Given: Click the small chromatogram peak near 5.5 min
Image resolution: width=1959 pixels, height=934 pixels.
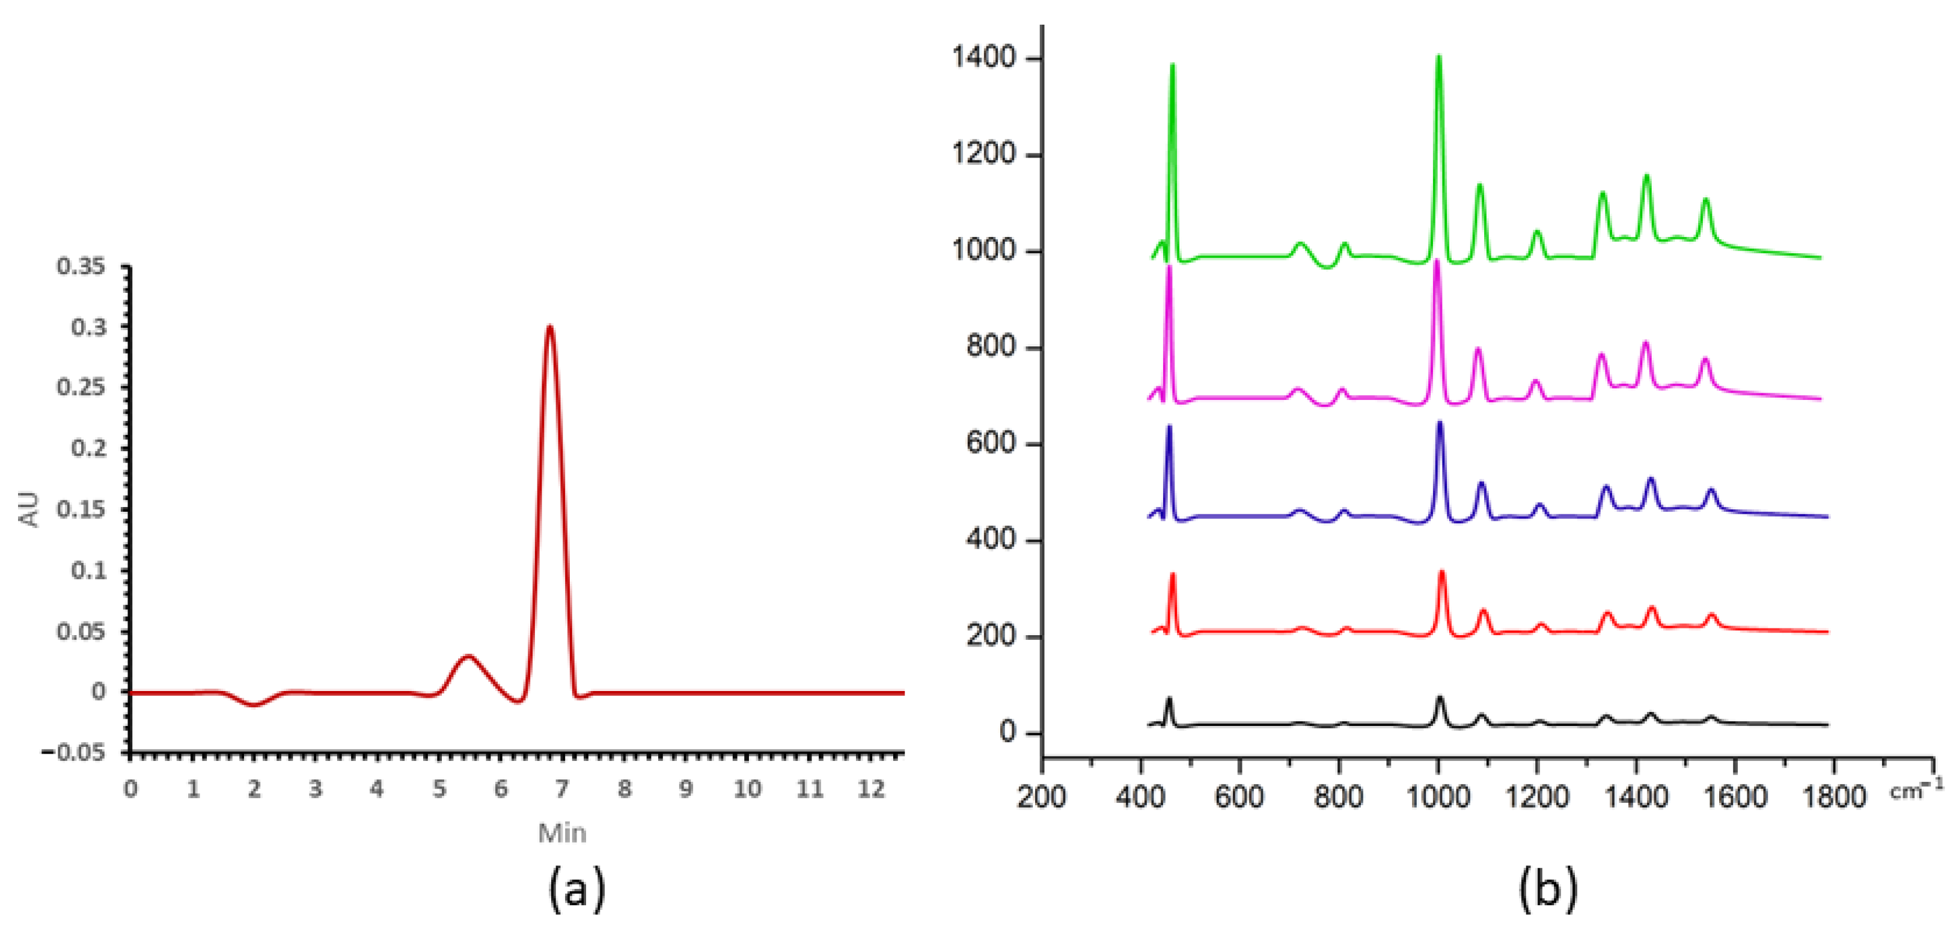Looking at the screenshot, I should point(468,656).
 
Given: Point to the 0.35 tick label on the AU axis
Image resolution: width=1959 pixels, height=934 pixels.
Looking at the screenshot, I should point(81,266).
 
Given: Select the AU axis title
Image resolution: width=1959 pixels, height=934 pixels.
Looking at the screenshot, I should point(28,509).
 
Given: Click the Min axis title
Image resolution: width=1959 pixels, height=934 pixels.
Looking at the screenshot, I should point(562,833).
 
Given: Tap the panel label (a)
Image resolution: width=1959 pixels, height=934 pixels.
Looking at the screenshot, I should point(576,889).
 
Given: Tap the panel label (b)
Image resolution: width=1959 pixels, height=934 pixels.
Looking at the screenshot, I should point(1548,889).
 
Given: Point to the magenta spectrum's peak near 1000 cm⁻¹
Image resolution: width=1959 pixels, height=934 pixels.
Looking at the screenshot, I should point(1437,262).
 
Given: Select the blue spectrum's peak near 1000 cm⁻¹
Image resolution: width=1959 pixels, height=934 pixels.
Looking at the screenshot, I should point(1439,423).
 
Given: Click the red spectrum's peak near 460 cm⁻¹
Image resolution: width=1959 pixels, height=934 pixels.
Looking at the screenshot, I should point(1172,574).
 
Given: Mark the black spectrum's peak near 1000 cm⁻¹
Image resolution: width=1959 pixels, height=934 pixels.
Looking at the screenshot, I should point(1440,698).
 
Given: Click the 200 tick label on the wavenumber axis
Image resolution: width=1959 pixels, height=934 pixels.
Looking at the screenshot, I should point(1042,796).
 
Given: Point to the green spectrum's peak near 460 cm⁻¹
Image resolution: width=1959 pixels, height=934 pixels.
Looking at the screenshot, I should point(1172,66).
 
